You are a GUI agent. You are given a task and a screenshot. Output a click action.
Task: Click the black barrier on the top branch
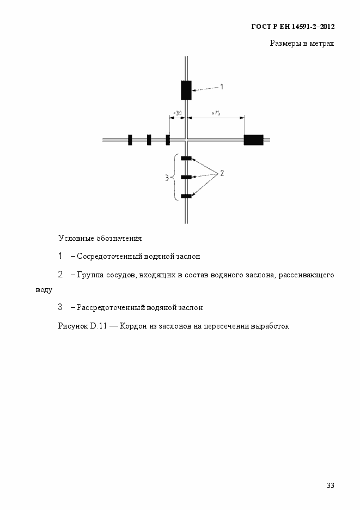186,90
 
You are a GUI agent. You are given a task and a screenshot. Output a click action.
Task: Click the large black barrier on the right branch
253,140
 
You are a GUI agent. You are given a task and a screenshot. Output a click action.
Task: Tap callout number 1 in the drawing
222,86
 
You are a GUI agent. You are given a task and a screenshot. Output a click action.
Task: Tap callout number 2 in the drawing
222,173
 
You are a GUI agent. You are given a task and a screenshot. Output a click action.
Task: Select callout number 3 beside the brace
167,177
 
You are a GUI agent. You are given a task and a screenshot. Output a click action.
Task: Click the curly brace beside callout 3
175,177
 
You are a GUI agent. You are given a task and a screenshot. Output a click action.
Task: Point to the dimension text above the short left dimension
177,113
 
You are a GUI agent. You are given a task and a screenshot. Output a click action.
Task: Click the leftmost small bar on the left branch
130,140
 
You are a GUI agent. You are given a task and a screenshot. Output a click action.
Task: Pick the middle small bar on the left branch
149,140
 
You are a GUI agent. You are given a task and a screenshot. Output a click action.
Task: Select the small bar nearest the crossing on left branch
168,140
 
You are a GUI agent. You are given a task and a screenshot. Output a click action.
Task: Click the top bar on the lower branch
186,159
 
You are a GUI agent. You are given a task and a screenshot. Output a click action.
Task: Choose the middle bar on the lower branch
186,177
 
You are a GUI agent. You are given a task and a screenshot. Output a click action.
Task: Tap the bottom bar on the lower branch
186,196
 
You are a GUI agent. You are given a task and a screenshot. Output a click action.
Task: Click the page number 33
330,485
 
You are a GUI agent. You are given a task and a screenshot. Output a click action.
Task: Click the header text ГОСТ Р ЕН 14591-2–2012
292,26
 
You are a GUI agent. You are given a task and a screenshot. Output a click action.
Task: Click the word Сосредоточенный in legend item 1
107,256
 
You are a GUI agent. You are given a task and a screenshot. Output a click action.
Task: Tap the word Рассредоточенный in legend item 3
108,307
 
